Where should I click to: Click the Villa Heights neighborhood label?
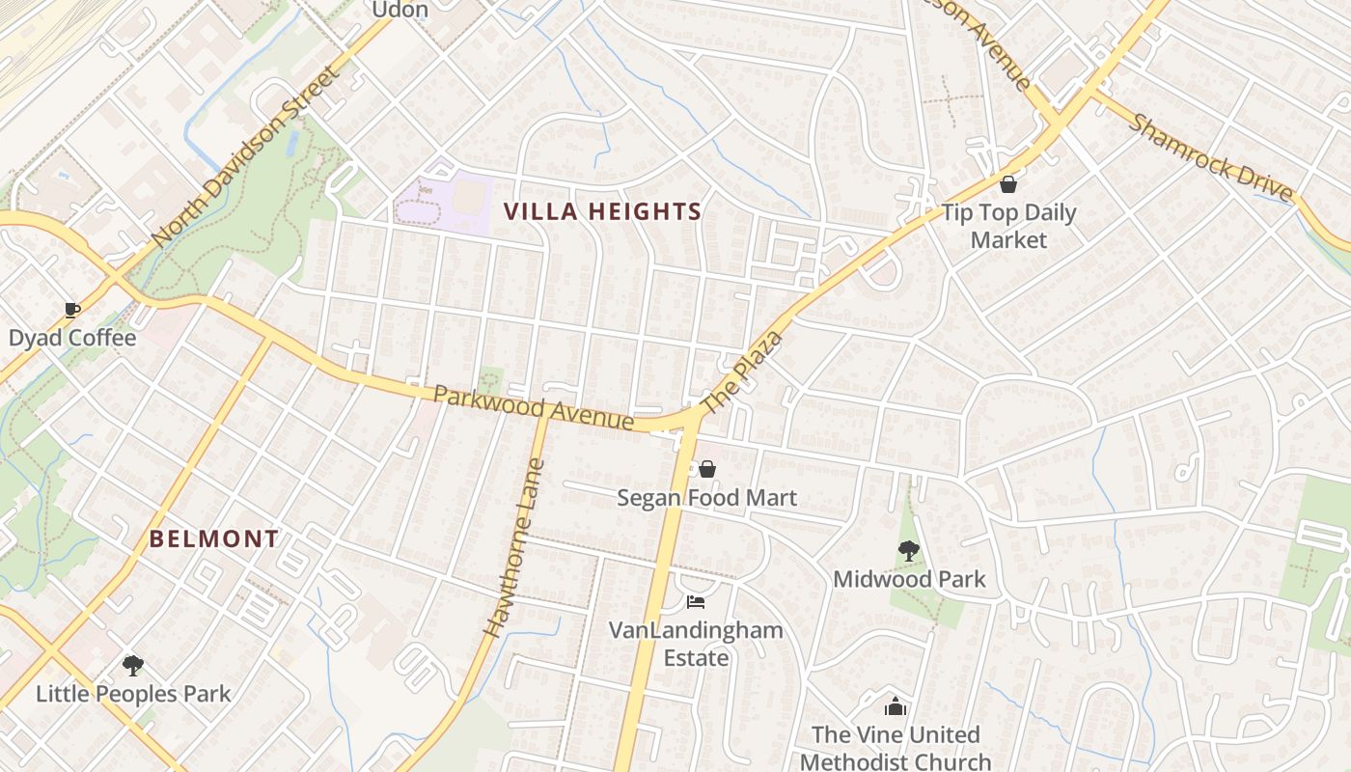pyautogui.click(x=603, y=211)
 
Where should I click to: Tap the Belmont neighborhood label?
pyautogui.click(x=214, y=539)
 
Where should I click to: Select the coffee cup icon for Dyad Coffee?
pyautogui.click(x=71, y=310)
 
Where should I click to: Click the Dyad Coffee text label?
pyautogui.click(x=72, y=339)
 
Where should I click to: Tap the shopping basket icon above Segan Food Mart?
pyautogui.click(x=707, y=469)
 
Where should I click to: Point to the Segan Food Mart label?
pyautogui.click(x=707, y=498)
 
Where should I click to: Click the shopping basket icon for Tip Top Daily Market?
pyautogui.click(x=1008, y=184)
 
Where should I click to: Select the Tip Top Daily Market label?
pyautogui.click(x=1008, y=226)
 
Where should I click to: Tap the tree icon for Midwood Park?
pyautogui.click(x=908, y=551)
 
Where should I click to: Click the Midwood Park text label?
pyautogui.click(x=909, y=579)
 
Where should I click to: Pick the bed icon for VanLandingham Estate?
pyautogui.click(x=696, y=602)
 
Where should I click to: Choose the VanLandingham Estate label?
pyautogui.click(x=696, y=644)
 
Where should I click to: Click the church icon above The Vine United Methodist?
pyautogui.click(x=896, y=707)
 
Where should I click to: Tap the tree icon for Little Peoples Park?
pyautogui.click(x=133, y=665)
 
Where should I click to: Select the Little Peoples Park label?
pyautogui.click(x=133, y=694)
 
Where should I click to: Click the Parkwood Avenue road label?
pyautogui.click(x=533, y=408)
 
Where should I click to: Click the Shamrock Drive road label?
pyautogui.click(x=1210, y=159)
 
